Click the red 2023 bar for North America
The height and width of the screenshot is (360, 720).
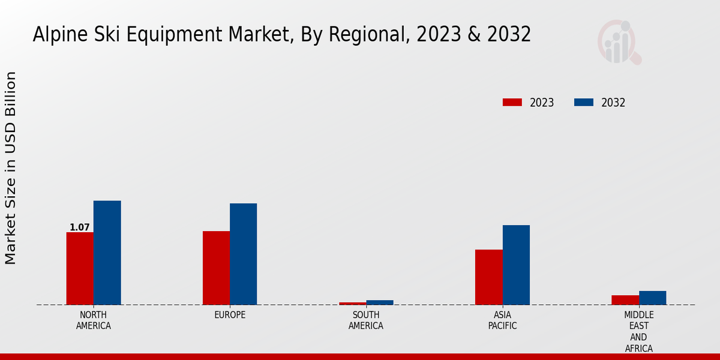click(80, 268)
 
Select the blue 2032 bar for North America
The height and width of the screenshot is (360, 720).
click(107, 253)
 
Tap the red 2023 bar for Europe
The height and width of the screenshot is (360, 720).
click(216, 268)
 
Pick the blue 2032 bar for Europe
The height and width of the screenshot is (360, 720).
click(243, 254)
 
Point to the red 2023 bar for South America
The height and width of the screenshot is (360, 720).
click(352, 304)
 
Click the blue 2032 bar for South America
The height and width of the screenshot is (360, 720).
click(380, 302)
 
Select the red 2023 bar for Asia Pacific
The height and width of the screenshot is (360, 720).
click(488, 277)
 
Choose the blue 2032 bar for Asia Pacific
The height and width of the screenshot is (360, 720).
click(516, 265)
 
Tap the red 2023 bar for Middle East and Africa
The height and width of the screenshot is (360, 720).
click(625, 300)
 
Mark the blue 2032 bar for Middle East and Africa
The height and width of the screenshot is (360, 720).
click(652, 298)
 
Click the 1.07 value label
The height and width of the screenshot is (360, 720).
click(80, 227)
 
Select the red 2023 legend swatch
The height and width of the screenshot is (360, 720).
click(512, 103)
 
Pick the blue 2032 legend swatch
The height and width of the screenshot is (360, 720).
click(583, 103)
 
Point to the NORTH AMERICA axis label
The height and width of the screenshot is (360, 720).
click(94, 320)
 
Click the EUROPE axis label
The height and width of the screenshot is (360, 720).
click(230, 315)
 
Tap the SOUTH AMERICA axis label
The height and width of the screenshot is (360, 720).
click(366, 320)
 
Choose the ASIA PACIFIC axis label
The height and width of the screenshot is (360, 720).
click(502, 320)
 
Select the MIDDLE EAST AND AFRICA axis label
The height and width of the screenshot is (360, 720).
click(638, 332)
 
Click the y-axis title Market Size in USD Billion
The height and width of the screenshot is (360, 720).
click(11, 168)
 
